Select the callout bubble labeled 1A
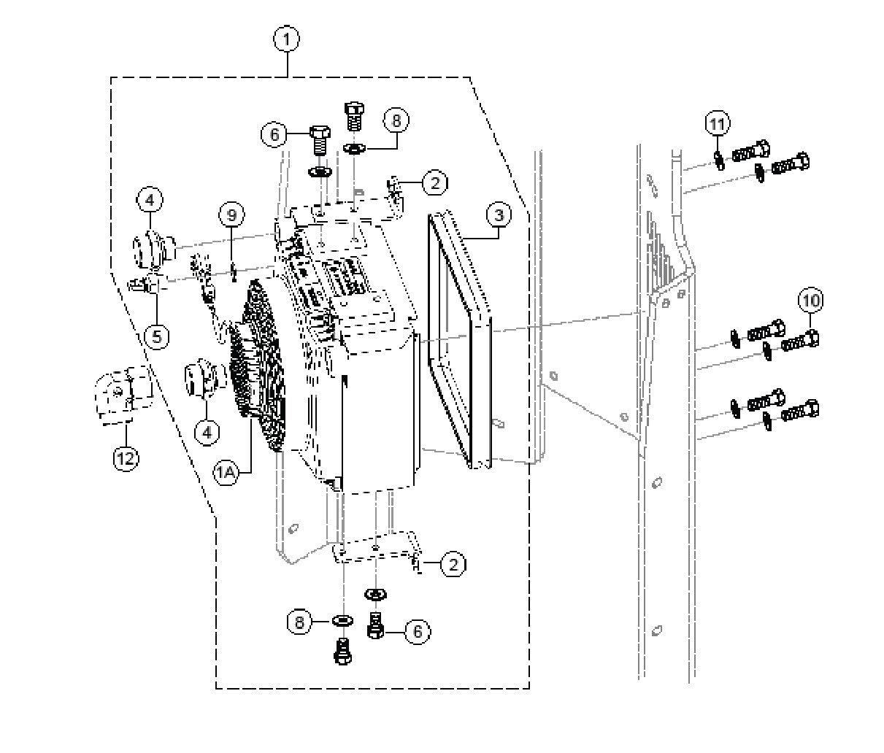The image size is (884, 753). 226,473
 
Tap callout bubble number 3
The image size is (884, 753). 499,216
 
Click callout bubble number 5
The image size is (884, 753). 157,336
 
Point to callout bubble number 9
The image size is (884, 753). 231,215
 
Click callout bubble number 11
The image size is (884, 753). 718,123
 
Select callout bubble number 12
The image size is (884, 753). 126,458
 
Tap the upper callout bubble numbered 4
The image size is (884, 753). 149,199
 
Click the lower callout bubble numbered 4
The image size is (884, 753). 207,432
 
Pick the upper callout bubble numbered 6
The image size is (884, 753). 274,135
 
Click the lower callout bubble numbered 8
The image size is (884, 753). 300,622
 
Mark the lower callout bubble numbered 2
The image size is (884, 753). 453,564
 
